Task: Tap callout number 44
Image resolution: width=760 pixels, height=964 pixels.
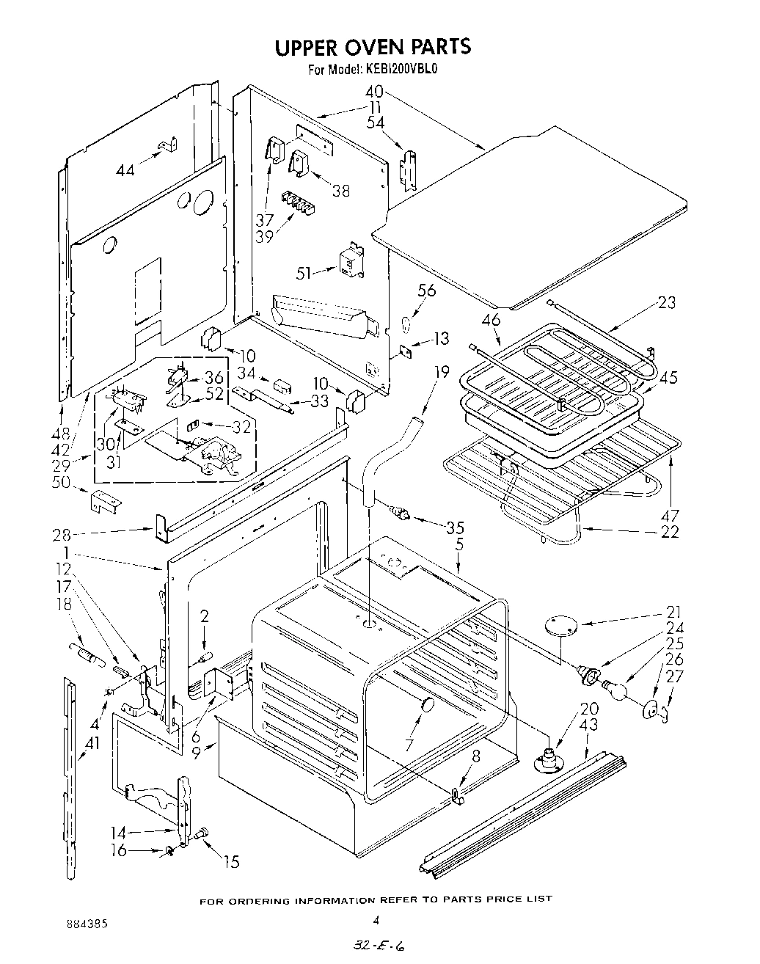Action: [125, 171]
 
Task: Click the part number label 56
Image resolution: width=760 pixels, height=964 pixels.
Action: [426, 291]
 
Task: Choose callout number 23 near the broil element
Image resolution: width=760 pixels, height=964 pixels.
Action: [667, 302]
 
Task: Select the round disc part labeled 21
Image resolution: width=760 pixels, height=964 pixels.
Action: [561, 625]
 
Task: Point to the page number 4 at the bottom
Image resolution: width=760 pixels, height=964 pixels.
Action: [376, 919]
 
